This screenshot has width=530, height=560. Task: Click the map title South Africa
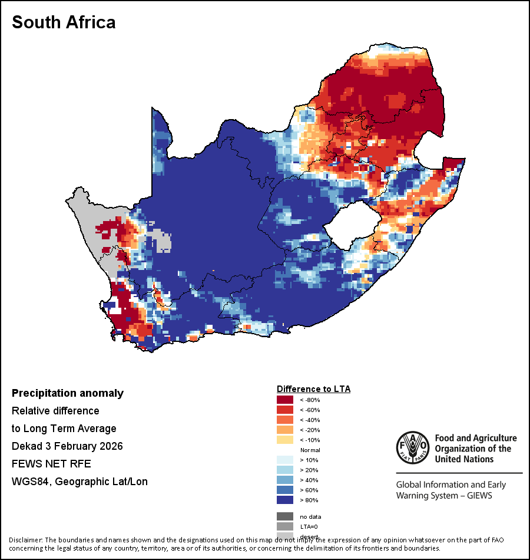click(64, 22)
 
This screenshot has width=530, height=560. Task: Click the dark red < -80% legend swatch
click(285, 400)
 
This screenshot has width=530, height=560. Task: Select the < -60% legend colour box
click(285, 410)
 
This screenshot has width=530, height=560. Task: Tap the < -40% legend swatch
click(285, 420)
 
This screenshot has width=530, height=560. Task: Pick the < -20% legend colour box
click(285, 430)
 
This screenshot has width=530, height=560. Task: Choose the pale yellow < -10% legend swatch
click(285, 440)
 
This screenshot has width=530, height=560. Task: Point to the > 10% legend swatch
click(285, 460)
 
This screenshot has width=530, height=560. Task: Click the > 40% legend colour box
click(285, 480)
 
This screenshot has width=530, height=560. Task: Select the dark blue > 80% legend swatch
click(285, 500)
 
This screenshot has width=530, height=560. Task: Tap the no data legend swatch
click(285, 516)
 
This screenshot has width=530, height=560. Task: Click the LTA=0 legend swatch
click(285, 526)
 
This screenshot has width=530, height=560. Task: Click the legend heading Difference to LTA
click(313, 389)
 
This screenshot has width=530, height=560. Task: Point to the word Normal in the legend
click(310, 450)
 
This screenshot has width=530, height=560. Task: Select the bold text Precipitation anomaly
click(68, 393)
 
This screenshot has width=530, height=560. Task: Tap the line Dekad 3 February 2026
click(67, 446)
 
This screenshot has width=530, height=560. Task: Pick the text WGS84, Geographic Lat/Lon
click(79, 482)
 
